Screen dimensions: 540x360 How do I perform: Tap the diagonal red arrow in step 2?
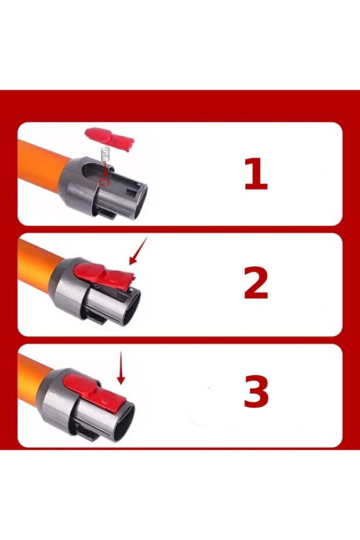[138, 251]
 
